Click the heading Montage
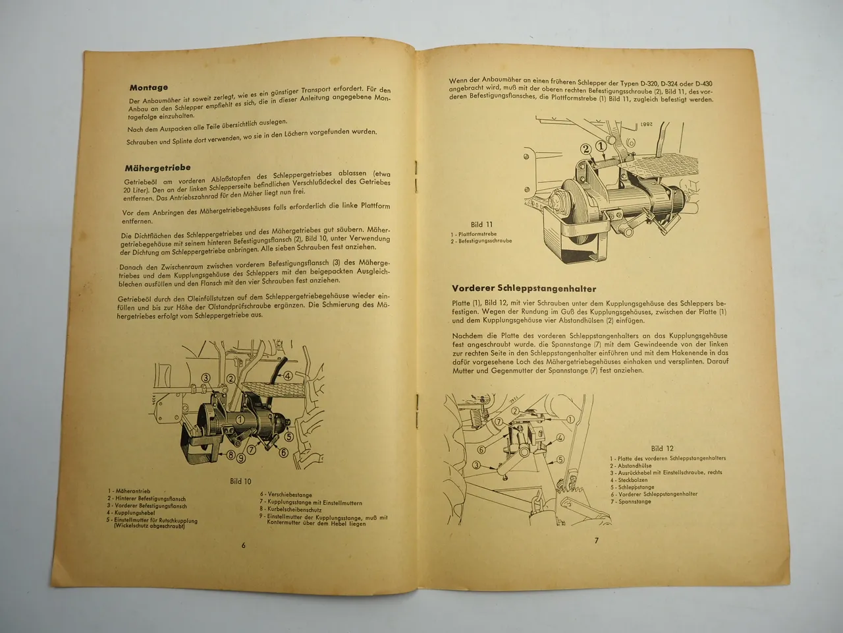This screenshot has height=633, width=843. point(149,87)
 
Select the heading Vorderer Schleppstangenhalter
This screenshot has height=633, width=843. point(524,287)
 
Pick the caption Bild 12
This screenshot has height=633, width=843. point(662,448)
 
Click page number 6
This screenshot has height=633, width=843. point(243,545)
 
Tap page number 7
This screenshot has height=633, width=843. point(596,541)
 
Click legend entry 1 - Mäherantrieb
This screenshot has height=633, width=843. point(129,491)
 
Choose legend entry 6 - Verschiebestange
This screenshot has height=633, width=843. point(286,494)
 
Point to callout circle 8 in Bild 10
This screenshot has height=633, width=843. point(232,455)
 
